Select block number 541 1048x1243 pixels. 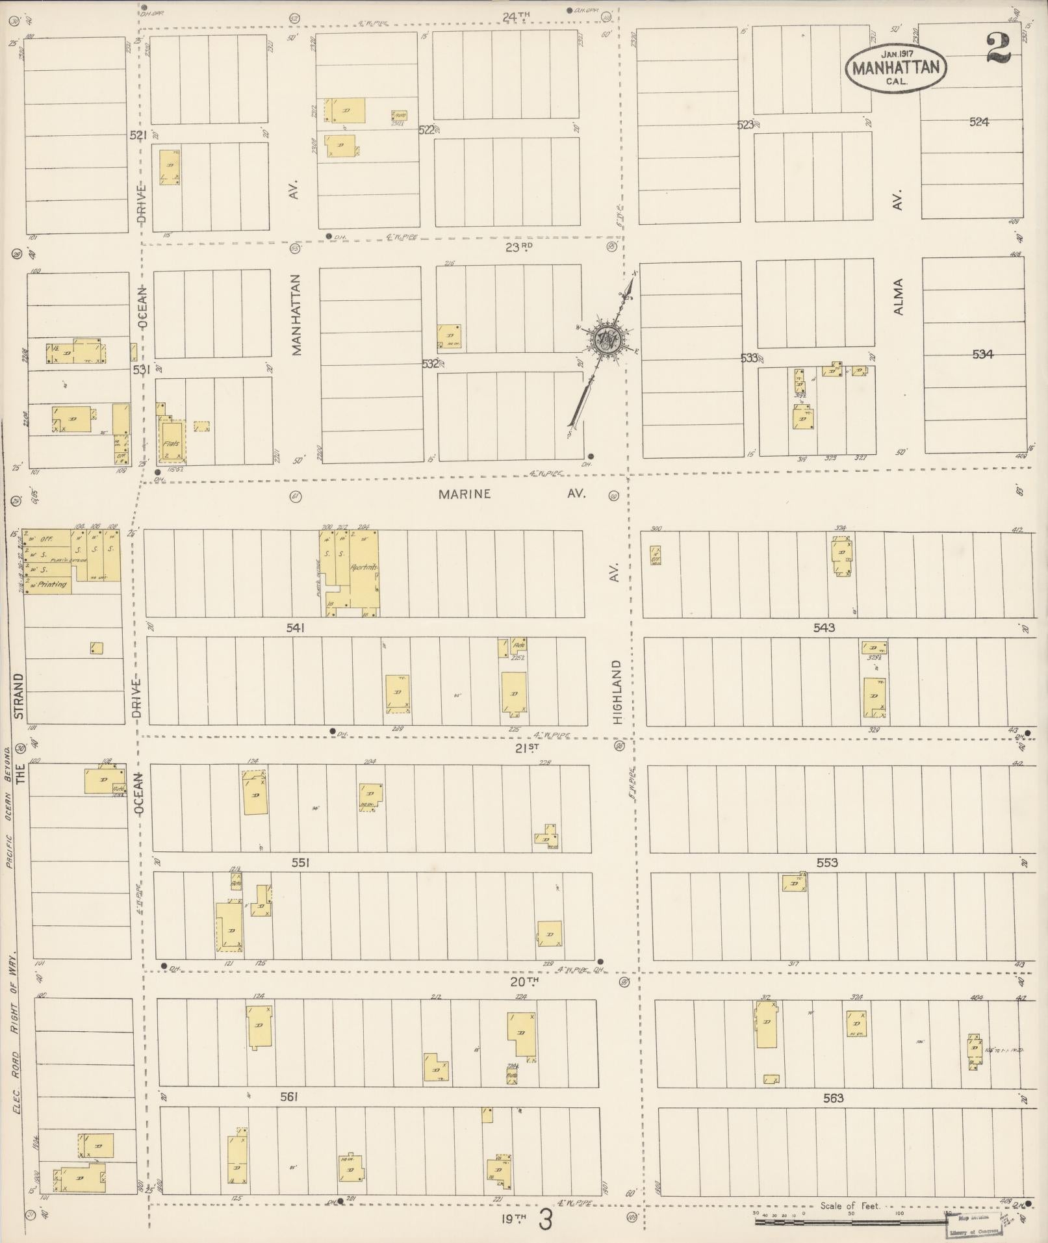pyautogui.click(x=296, y=628)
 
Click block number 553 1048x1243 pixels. pyautogui.click(x=827, y=863)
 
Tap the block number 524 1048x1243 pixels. pyautogui.click(x=978, y=122)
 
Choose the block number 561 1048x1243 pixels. pyautogui.click(x=288, y=1097)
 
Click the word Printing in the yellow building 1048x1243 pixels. pyautogui.click(x=52, y=584)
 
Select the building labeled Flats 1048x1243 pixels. pyautogui.click(x=171, y=444)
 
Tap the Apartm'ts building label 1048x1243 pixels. pyautogui.click(x=363, y=567)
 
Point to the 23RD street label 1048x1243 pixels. pyautogui.click(x=518, y=248)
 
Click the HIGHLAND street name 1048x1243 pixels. pyautogui.click(x=617, y=692)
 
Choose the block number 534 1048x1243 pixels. pyautogui.click(x=982, y=354)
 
